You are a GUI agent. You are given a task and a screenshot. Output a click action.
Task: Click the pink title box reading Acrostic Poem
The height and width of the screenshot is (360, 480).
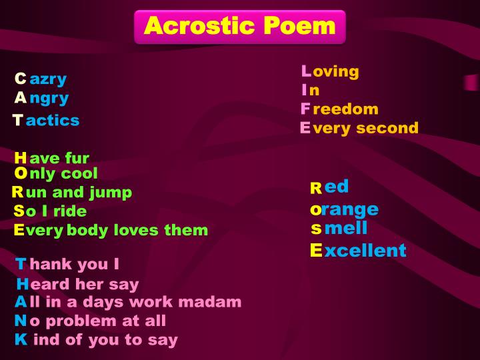[240, 26]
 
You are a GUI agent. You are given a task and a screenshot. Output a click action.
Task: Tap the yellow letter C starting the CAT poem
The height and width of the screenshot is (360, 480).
[21, 79]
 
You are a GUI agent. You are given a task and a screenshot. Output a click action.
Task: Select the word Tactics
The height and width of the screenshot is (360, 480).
[46, 121]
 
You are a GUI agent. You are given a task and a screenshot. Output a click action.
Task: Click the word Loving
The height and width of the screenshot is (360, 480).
[330, 71]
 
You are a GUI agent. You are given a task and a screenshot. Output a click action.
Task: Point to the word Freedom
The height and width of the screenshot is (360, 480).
[339, 109]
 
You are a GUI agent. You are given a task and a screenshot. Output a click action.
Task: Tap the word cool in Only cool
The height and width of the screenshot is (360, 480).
[80, 174]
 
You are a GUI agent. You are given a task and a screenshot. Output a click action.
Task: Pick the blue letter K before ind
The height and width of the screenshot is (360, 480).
[21, 339]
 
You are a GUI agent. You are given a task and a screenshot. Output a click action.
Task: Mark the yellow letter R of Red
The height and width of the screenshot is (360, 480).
[316, 189]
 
